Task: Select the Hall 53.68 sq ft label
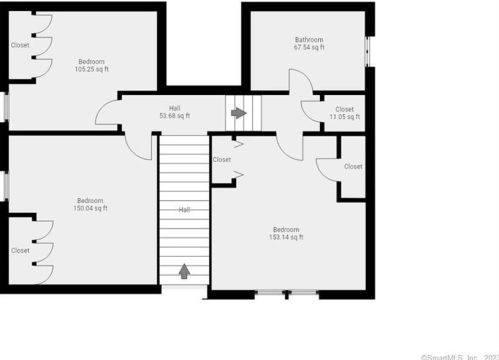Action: click(175, 111)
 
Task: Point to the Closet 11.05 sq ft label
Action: click(344, 113)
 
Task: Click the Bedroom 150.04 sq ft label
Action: click(90, 204)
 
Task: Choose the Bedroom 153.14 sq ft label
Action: click(285, 233)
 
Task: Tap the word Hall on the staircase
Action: click(184, 210)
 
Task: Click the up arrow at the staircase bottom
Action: click(184, 270)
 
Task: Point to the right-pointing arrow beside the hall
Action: click(238, 113)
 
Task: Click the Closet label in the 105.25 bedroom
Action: click(20, 45)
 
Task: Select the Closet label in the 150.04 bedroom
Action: click(20, 251)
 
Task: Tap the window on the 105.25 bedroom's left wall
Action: click(5, 106)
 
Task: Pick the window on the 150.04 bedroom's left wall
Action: click(5, 185)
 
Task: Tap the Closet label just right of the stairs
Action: click(222, 159)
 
